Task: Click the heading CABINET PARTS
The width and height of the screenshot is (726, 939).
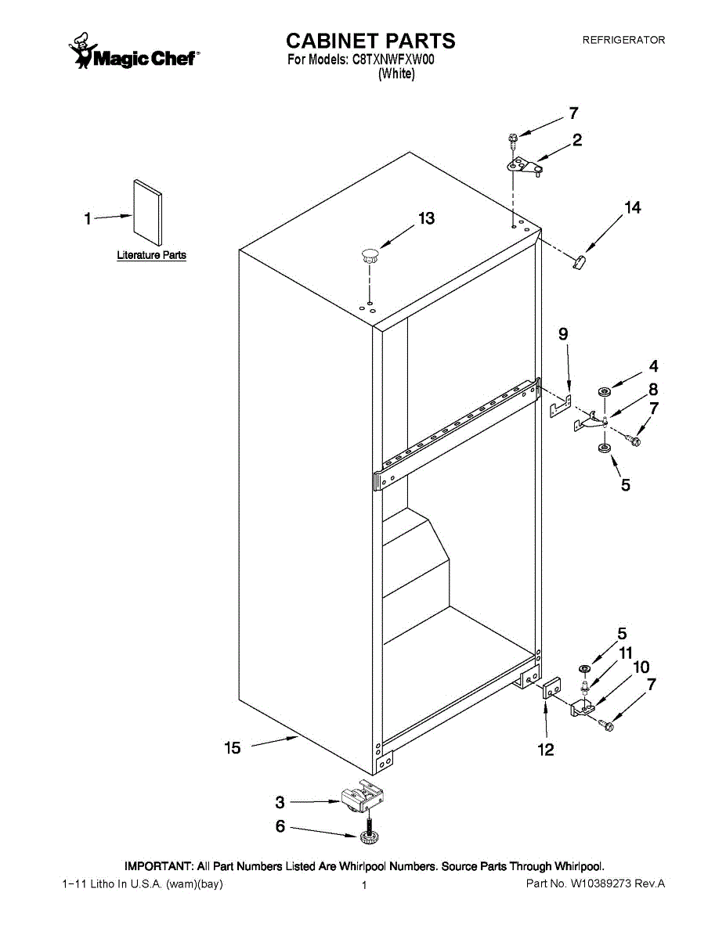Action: coord(370,41)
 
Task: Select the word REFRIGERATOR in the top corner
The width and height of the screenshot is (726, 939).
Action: coord(623,40)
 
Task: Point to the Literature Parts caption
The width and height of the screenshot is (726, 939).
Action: coord(152,255)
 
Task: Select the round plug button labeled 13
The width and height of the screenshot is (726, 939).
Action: coord(369,254)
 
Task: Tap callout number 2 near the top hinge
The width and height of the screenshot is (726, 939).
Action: coord(577,141)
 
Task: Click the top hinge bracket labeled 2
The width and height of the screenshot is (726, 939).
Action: coord(525,166)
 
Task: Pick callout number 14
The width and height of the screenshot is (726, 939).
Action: coord(632,207)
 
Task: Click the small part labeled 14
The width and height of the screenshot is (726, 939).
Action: coord(580,261)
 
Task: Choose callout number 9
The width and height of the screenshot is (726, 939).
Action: coord(563,334)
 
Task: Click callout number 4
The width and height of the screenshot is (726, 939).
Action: coord(653,365)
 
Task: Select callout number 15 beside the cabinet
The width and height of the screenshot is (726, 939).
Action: coord(233,748)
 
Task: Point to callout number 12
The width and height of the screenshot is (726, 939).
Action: coord(546,750)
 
